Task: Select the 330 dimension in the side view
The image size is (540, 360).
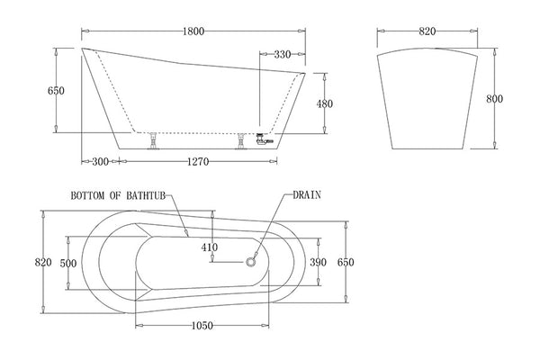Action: click(x=282, y=54)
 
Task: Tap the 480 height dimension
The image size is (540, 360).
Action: click(x=325, y=103)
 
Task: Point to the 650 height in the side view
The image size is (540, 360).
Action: click(x=56, y=91)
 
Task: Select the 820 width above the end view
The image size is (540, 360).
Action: click(x=427, y=31)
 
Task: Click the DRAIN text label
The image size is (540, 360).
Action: click(x=306, y=194)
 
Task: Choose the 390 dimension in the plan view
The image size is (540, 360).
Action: click(x=319, y=262)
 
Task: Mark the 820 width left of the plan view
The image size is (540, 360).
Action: click(x=41, y=262)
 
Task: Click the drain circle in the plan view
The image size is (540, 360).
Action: click(x=251, y=262)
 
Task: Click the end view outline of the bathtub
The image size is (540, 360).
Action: click(x=427, y=99)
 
